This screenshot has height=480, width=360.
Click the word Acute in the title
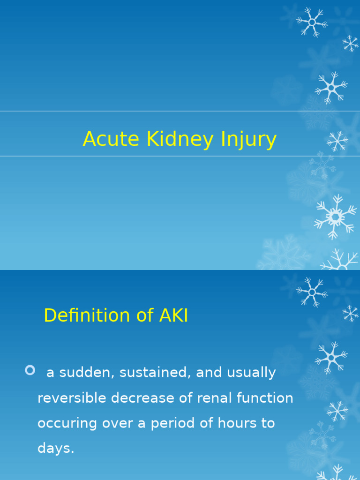111,139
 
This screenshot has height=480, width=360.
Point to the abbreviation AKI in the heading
173,315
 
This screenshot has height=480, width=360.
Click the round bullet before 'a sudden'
30,371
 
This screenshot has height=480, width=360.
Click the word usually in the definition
251,373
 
